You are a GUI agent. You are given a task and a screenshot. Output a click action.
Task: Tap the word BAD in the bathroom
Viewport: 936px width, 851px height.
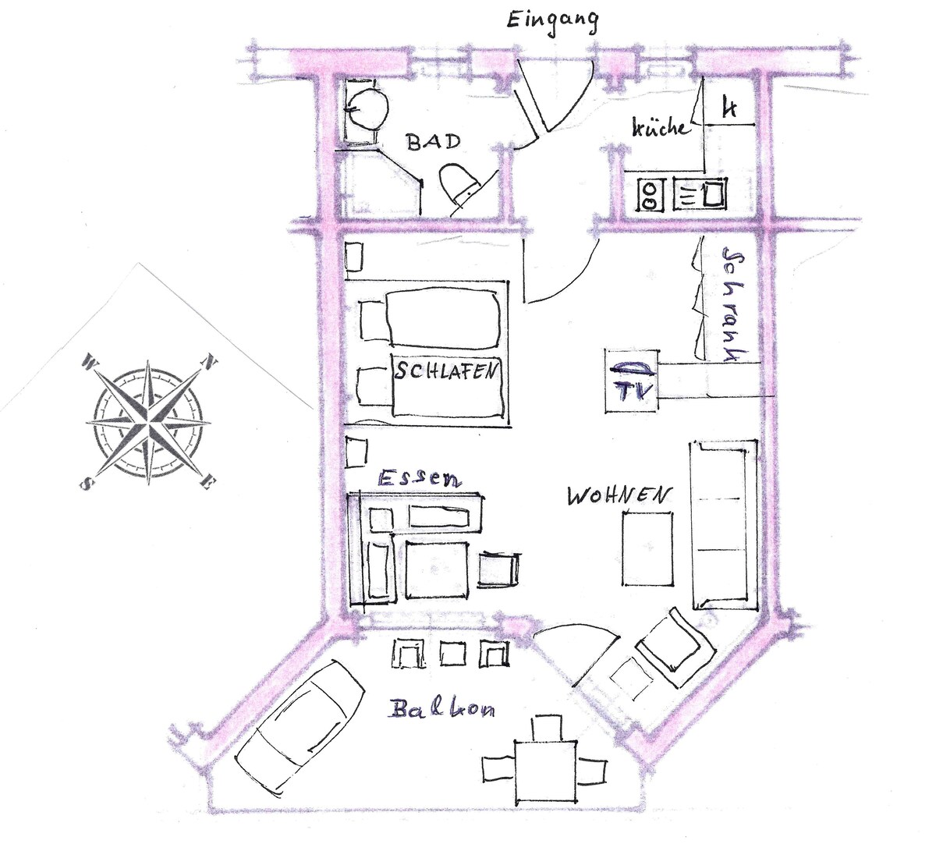[x=434, y=142]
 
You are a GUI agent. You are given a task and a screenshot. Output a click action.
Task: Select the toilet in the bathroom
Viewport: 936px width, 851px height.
[x=459, y=186]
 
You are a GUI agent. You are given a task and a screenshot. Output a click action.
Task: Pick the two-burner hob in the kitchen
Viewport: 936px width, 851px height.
[x=650, y=195]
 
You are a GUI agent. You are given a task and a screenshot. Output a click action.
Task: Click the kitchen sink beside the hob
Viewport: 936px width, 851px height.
[x=700, y=195]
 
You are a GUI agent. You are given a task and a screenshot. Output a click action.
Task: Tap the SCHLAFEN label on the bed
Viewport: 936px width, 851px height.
[x=446, y=371]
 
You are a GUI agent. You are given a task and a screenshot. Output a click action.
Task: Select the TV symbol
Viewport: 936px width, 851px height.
[x=632, y=381]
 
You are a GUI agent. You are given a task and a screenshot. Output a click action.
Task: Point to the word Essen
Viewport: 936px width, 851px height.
[x=420, y=478]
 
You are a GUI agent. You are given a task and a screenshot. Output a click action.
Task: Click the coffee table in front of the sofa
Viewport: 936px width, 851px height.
[x=647, y=548]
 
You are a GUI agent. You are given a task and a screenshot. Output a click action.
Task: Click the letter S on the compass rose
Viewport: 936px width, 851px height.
[x=87, y=484]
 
